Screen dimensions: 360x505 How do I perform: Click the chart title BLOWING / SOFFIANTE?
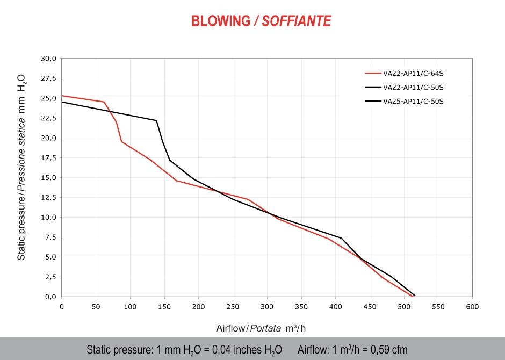tap(261, 21)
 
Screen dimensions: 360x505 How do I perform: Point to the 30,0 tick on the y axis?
tap(48, 59)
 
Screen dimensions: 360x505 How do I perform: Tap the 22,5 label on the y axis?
tap(48, 118)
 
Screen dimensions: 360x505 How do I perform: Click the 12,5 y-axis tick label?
tap(48, 198)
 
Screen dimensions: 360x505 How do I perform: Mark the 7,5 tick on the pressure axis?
tap(50, 237)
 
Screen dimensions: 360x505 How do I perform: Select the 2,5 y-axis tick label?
tap(50, 277)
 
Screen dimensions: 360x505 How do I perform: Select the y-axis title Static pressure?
tap(21, 167)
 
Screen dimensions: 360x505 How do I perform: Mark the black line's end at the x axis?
tap(415, 296)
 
